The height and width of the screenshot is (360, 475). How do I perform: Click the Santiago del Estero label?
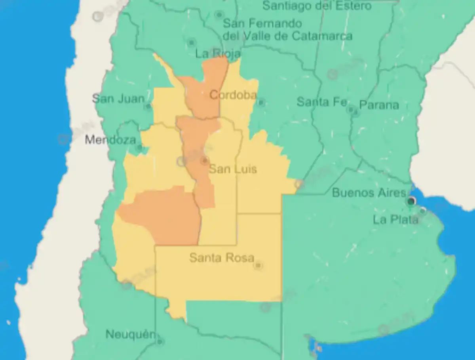317,6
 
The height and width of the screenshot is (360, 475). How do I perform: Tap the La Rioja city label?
218,53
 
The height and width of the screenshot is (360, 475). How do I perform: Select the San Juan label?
118,98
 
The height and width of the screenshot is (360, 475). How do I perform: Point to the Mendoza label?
110,139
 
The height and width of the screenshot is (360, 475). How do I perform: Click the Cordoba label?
233,95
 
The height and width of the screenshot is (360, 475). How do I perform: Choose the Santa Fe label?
322,102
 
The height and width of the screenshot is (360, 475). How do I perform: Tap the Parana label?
379,105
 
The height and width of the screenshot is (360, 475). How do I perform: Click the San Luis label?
233,169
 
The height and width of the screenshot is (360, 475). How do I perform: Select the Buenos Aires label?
369,193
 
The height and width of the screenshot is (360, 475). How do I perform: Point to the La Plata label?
395,219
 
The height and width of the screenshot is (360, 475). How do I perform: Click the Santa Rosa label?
222,258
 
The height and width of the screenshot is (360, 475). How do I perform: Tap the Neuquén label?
131,334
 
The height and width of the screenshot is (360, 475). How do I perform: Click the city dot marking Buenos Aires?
411,202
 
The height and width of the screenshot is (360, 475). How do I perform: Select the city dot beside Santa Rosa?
258,265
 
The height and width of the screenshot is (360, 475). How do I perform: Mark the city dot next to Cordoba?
261,102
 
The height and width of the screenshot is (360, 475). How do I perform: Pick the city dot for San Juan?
148,106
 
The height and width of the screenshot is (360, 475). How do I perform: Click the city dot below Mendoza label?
139,148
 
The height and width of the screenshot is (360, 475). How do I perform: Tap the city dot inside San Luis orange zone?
205,160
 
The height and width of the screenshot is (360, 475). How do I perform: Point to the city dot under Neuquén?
160,341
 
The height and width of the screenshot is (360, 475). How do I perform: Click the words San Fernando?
262,24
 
